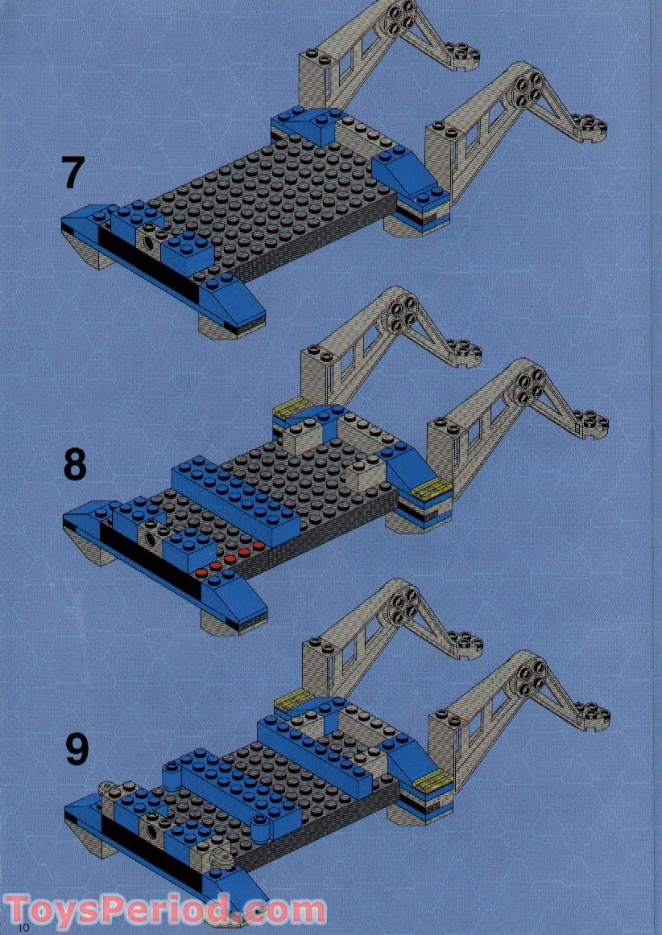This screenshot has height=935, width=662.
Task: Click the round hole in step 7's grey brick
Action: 150,241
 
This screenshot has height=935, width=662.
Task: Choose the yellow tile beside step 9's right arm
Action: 432,779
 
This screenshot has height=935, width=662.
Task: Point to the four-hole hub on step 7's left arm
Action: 400,17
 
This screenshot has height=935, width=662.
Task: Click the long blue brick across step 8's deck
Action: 234,492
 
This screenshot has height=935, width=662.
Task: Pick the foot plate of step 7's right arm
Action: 585,127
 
